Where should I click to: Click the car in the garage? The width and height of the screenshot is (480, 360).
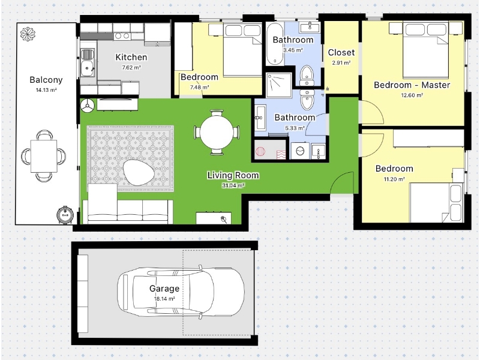point(181,291)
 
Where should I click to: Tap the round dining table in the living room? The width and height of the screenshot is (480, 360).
point(217,132)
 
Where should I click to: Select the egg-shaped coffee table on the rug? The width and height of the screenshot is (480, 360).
point(139,172)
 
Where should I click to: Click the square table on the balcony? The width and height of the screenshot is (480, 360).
point(44,156)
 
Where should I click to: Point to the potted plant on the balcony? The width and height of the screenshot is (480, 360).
point(28,34)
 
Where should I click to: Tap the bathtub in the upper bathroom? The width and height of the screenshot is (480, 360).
point(275,44)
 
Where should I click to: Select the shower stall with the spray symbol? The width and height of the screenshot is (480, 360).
point(279,85)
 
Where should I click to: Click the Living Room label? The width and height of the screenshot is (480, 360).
point(233,175)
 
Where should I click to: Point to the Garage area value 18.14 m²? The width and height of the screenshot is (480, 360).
point(164,299)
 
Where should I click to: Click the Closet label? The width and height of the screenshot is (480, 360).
point(341,53)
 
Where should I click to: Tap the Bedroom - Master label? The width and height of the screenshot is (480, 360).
point(412,85)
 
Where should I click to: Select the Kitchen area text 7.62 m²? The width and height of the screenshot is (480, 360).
point(131,68)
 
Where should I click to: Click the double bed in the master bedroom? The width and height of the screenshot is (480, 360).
point(425,49)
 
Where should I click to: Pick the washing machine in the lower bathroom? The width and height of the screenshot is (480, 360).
point(300,151)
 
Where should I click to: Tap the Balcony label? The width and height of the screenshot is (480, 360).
point(46,80)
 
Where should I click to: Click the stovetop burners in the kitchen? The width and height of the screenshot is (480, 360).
point(122,36)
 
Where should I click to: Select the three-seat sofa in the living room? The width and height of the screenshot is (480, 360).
point(128,212)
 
